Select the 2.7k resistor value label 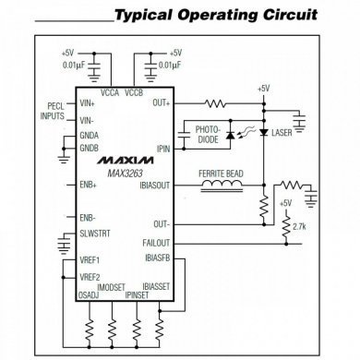(x=298, y=226)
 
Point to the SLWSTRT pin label (x=93, y=233)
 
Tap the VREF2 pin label (x=90, y=277)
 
